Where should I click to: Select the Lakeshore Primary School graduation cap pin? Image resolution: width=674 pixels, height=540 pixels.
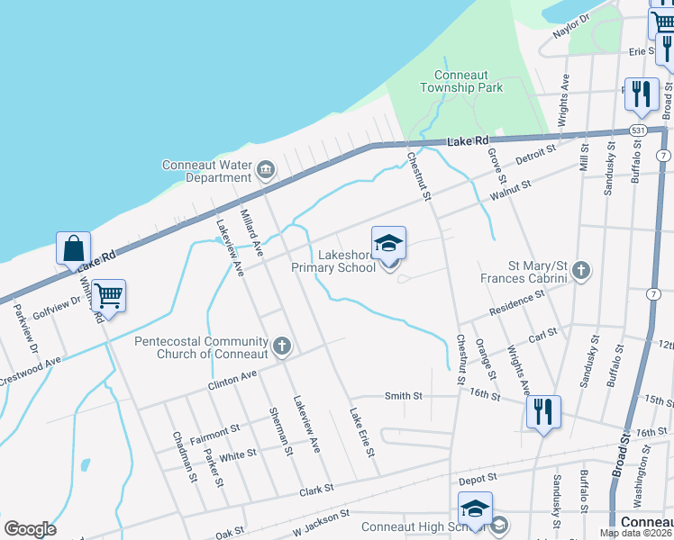pyautogui.click(x=389, y=243)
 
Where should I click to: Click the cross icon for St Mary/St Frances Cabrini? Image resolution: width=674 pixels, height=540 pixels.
pyautogui.click(x=582, y=269)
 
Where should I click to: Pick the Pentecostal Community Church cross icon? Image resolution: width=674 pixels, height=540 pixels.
pyautogui.click(x=282, y=345)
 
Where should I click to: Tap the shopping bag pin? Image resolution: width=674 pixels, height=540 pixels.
pyautogui.click(x=74, y=248)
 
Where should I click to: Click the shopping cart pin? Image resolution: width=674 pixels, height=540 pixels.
pyautogui.click(x=108, y=295)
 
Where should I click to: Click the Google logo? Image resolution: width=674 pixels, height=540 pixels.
pyautogui.click(x=30, y=529)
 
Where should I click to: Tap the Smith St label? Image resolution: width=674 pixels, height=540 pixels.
pyautogui.click(x=404, y=395)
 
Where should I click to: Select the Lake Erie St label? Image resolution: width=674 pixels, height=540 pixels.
pyautogui.click(x=362, y=432)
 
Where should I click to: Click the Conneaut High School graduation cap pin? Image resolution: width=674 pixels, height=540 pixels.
pyautogui.click(x=476, y=509)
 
